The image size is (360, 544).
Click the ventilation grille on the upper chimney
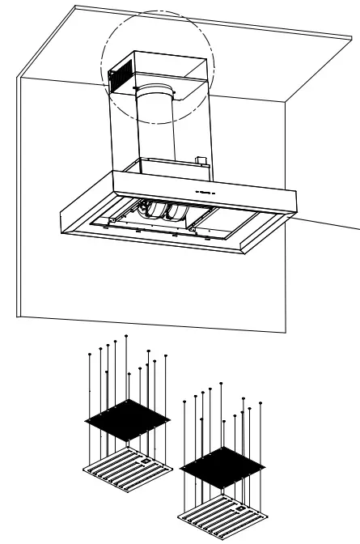click(121, 74)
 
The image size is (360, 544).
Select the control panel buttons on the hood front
click(201, 192)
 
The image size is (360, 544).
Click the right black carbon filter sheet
click(224, 468)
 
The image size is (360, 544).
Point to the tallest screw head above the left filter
click(127, 334)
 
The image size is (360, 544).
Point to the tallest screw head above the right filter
click(221, 382)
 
